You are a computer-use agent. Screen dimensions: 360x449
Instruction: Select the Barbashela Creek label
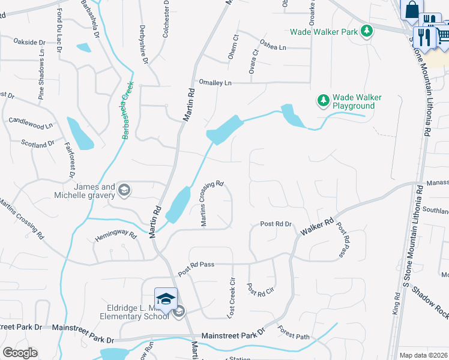click(x=127, y=110)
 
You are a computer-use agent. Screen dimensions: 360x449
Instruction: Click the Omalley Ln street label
click(x=215, y=83)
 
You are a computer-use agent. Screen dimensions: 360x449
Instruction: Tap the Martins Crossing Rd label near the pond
click(x=212, y=203)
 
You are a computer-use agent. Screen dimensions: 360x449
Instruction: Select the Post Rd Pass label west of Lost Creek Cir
click(x=196, y=264)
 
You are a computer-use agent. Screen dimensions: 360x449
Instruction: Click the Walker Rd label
click(x=321, y=223)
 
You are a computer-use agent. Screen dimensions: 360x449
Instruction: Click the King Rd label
click(x=396, y=304)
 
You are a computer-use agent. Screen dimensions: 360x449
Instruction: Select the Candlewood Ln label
click(x=31, y=124)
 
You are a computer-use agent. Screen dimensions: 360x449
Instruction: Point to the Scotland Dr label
click(x=38, y=144)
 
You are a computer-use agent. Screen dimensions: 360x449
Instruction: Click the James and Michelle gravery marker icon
click(x=124, y=191)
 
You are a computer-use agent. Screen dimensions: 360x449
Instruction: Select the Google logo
click(x=20, y=353)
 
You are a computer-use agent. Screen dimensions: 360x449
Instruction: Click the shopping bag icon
click(x=412, y=10)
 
